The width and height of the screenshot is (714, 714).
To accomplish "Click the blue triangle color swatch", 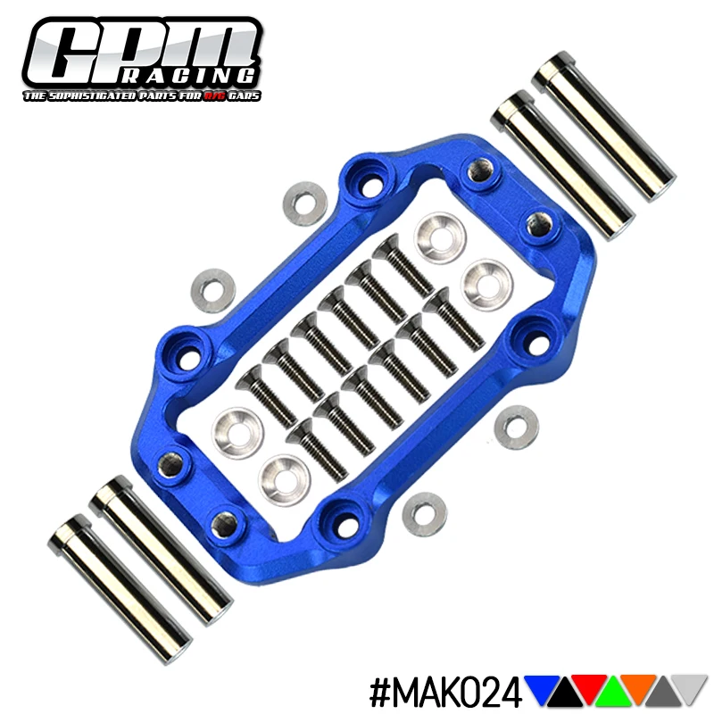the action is point(542,687).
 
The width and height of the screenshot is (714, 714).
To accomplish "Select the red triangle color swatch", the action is point(590,686).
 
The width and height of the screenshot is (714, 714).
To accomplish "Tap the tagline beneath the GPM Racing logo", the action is point(142,95).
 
